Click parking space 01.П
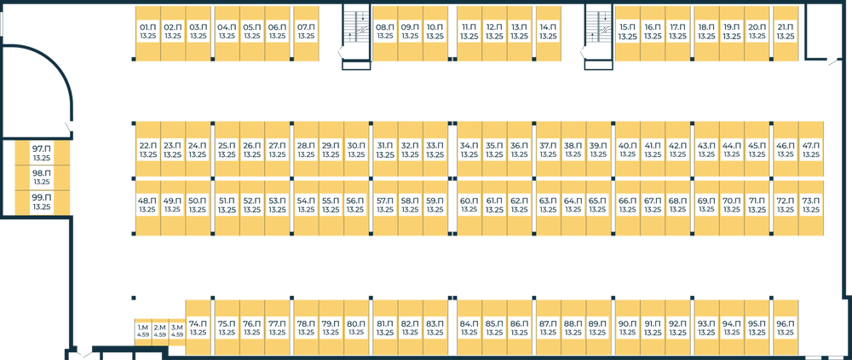click(147, 32)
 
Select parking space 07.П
click(306, 32)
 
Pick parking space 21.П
click(786, 32)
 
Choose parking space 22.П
click(147, 150)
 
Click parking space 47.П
click(811, 150)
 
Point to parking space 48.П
click(147, 205)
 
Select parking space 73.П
click(811, 205)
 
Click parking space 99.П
click(41, 202)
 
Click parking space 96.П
click(786, 328)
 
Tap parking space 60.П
click(469, 205)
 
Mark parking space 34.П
click(469, 150)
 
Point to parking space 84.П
click(469, 328)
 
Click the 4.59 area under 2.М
click(160, 335)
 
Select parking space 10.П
click(435, 32)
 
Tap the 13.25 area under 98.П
click(41, 183)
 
